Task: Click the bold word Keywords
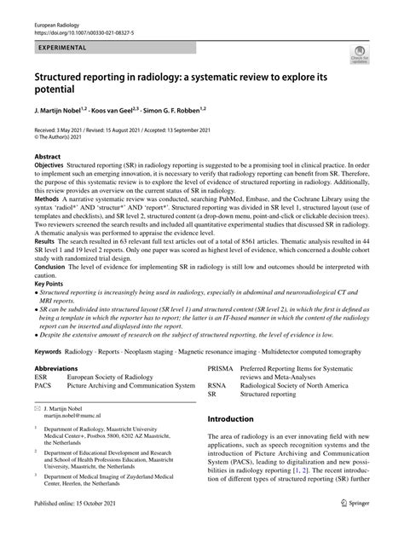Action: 49,373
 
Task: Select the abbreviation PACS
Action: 43,410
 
